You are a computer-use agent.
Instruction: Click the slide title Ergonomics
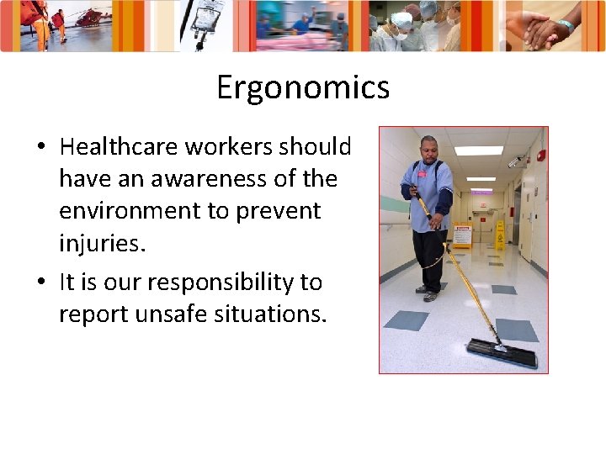(x=302, y=87)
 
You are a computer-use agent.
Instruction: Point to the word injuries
(x=102, y=244)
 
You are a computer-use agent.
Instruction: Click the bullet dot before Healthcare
(x=40, y=148)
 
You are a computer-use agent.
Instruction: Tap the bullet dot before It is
(x=40, y=283)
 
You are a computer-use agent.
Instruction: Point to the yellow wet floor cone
(x=499, y=236)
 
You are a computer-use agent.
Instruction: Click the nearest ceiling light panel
(x=479, y=151)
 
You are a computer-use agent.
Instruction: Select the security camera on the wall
(x=516, y=160)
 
